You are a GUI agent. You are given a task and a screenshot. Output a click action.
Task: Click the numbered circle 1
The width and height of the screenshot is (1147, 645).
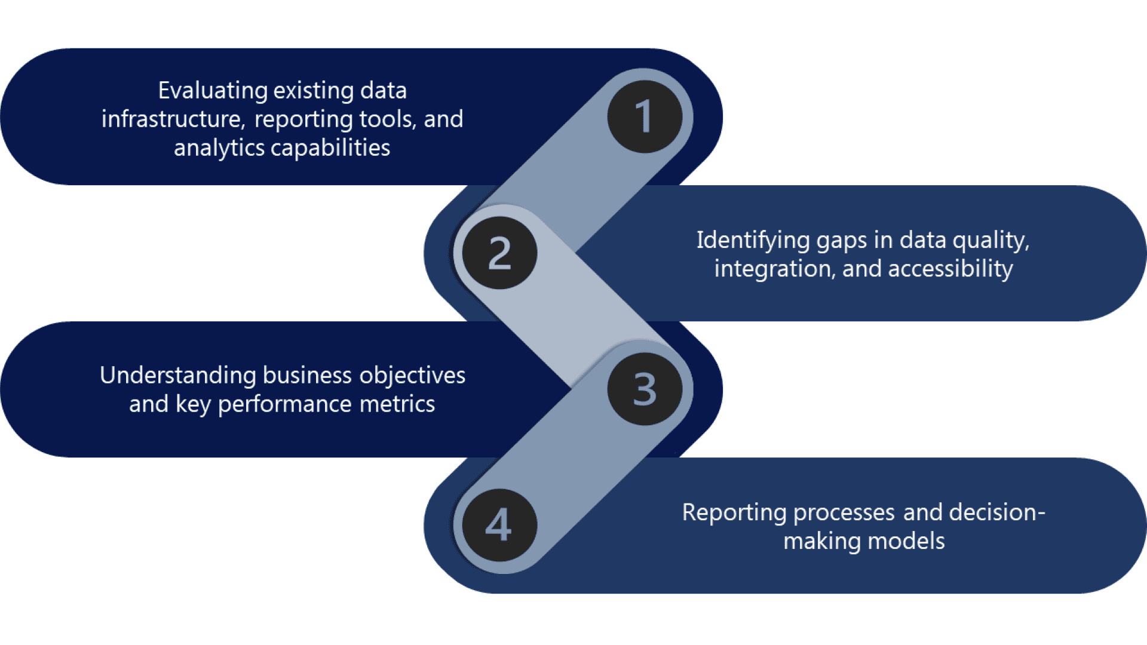pyautogui.click(x=645, y=116)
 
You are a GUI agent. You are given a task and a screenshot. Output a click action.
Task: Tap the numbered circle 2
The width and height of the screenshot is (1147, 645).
pyautogui.click(x=499, y=253)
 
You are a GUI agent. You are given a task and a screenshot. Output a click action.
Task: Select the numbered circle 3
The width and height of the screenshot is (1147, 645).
pyautogui.click(x=645, y=389)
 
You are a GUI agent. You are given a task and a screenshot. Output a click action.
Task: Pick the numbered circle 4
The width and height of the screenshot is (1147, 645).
pyautogui.click(x=499, y=525)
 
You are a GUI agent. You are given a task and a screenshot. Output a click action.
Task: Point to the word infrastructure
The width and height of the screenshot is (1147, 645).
pyautogui.click(x=172, y=119)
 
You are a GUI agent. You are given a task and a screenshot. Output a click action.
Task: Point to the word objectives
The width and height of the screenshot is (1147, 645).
pyautogui.click(x=412, y=375)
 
